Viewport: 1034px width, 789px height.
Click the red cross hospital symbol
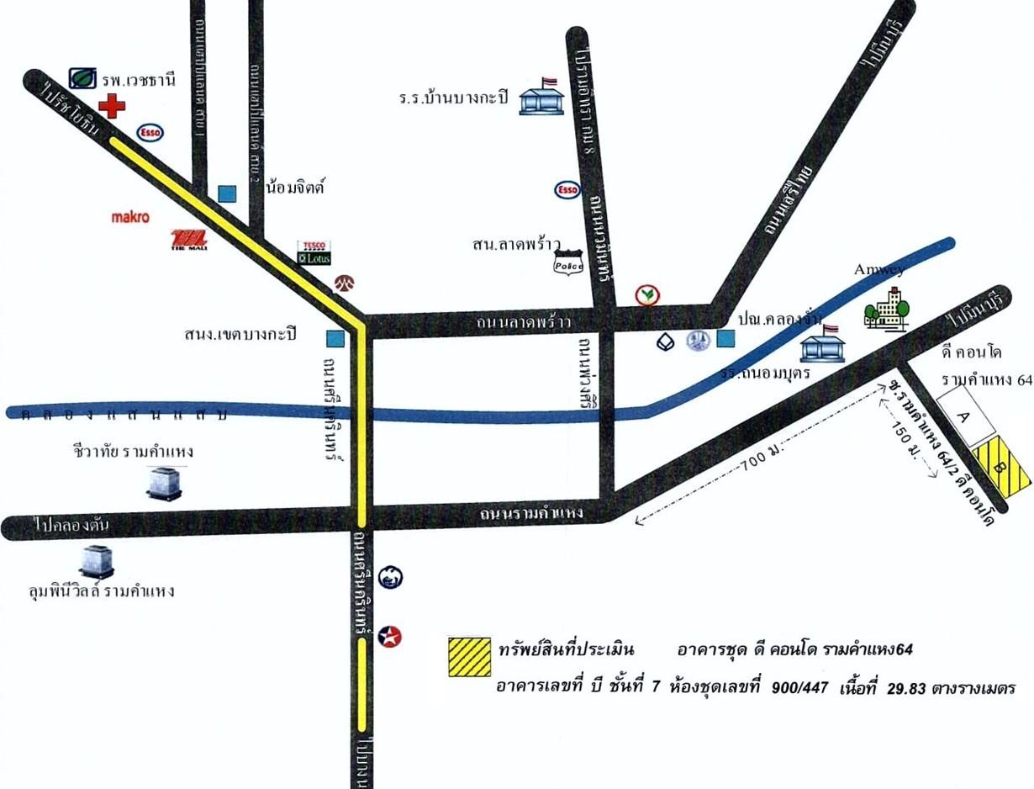tap(112, 106)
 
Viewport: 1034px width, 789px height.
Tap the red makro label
tap(130, 217)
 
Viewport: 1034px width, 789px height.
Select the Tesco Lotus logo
tap(314, 253)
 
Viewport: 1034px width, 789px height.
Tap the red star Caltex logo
tap(389, 636)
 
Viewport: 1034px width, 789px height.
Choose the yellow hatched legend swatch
tap(469, 657)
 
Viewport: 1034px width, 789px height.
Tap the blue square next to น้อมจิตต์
tap(227, 193)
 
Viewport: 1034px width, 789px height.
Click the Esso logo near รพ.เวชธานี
tap(150, 132)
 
